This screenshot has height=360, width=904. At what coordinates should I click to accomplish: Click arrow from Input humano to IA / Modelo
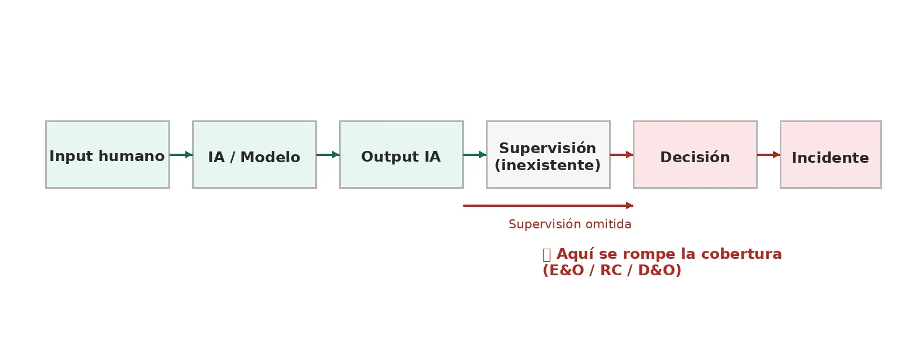click(x=181, y=154)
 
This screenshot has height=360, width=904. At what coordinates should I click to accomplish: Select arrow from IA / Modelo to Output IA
click(x=328, y=154)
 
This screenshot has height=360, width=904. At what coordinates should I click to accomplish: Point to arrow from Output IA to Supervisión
click(x=475, y=154)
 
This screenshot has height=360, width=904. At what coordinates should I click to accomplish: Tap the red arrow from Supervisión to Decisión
click(x=621, y=154)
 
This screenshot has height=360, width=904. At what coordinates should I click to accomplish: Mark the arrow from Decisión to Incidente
click(x=768, y=154)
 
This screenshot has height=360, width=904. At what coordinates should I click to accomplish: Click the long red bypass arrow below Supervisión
click(x=548, y=205)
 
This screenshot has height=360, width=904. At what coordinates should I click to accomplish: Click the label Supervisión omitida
click(x=570, y=224)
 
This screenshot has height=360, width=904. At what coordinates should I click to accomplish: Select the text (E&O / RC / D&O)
click(x=612, y=271)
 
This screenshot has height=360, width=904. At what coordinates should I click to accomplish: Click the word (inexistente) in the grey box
click(x=547, y=166)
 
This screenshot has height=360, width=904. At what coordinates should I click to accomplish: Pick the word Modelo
click(x=270, y=158)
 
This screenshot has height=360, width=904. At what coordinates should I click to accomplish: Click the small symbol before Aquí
click(x=546, y=255)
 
